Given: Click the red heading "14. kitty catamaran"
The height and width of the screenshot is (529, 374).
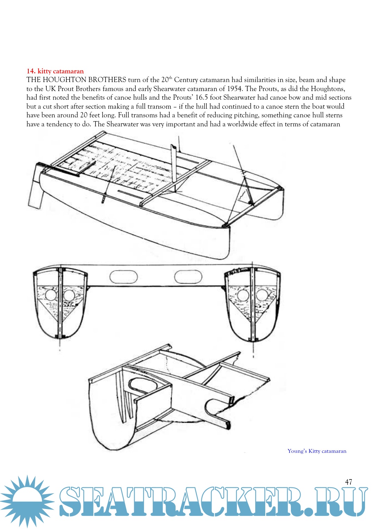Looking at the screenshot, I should pyautogui.click(x=55, y=71).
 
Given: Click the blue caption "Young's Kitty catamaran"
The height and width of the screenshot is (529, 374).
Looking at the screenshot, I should pyautogui.click(x=317, y=451).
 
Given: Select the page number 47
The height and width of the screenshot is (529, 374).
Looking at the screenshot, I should pyautogui.click(x=348, y=482).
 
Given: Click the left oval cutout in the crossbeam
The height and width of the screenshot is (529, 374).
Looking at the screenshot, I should pyautogui.click(x=123, y=277).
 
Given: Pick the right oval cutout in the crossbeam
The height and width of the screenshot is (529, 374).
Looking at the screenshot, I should pyautogui.click(x=188, y=277).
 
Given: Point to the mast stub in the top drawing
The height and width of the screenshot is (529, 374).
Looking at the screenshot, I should pyautogui.click(x=174, y=166).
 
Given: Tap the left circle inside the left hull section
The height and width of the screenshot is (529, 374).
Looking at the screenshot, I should pyautogui.click(x=50, y=295).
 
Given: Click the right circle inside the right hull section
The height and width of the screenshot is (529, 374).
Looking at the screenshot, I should pyautogui.click(x=262, y=295).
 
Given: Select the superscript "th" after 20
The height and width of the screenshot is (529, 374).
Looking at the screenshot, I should pyautogui.click(x=170, y=78).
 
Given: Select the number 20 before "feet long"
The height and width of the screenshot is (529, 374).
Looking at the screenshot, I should pyautogui.click(x=84, y=115).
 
